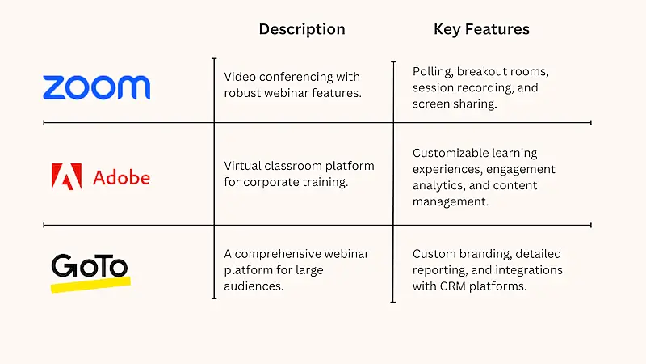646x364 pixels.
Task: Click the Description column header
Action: [301, 29]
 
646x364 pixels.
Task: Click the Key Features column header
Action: [481, 29]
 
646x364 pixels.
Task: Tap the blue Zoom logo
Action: [96, 87]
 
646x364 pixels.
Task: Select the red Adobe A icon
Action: [66, 176]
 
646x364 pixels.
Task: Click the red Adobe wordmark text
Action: [121, 176]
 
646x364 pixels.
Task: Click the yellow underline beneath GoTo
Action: [90, 285]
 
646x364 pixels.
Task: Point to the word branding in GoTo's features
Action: [482, 254]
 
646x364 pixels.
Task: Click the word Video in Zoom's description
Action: [240, 76]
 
